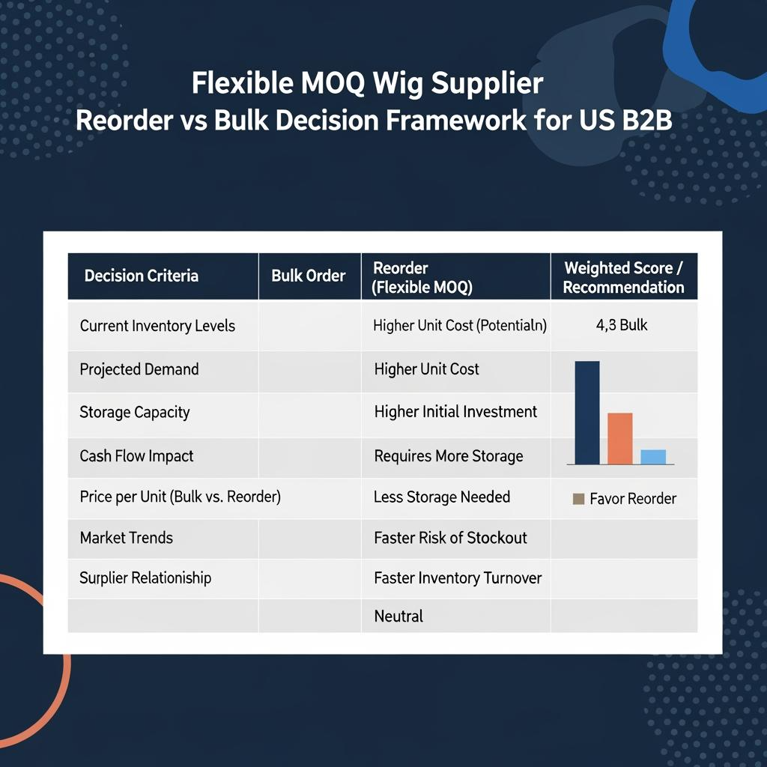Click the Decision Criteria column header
[142, 276]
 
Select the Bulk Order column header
[308, 276]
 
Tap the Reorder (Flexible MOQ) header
[422, 277]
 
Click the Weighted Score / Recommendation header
[623, 277]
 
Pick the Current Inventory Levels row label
[157, 326]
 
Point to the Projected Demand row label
[139, 369]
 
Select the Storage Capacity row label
[135, 413]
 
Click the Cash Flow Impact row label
[136, 456]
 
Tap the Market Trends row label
[126, 538]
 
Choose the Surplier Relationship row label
[145, 577]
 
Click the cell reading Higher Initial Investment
[455, 412]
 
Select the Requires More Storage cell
[449, 456]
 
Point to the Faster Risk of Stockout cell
[450, 538]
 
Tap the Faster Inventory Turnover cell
[458, 577]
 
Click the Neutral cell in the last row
[398, 616]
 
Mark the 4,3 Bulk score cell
[622, 325]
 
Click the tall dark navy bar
[587, 413]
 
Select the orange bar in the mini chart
[619, 439]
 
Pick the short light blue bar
[653, 457]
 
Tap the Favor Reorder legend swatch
[578, 499]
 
